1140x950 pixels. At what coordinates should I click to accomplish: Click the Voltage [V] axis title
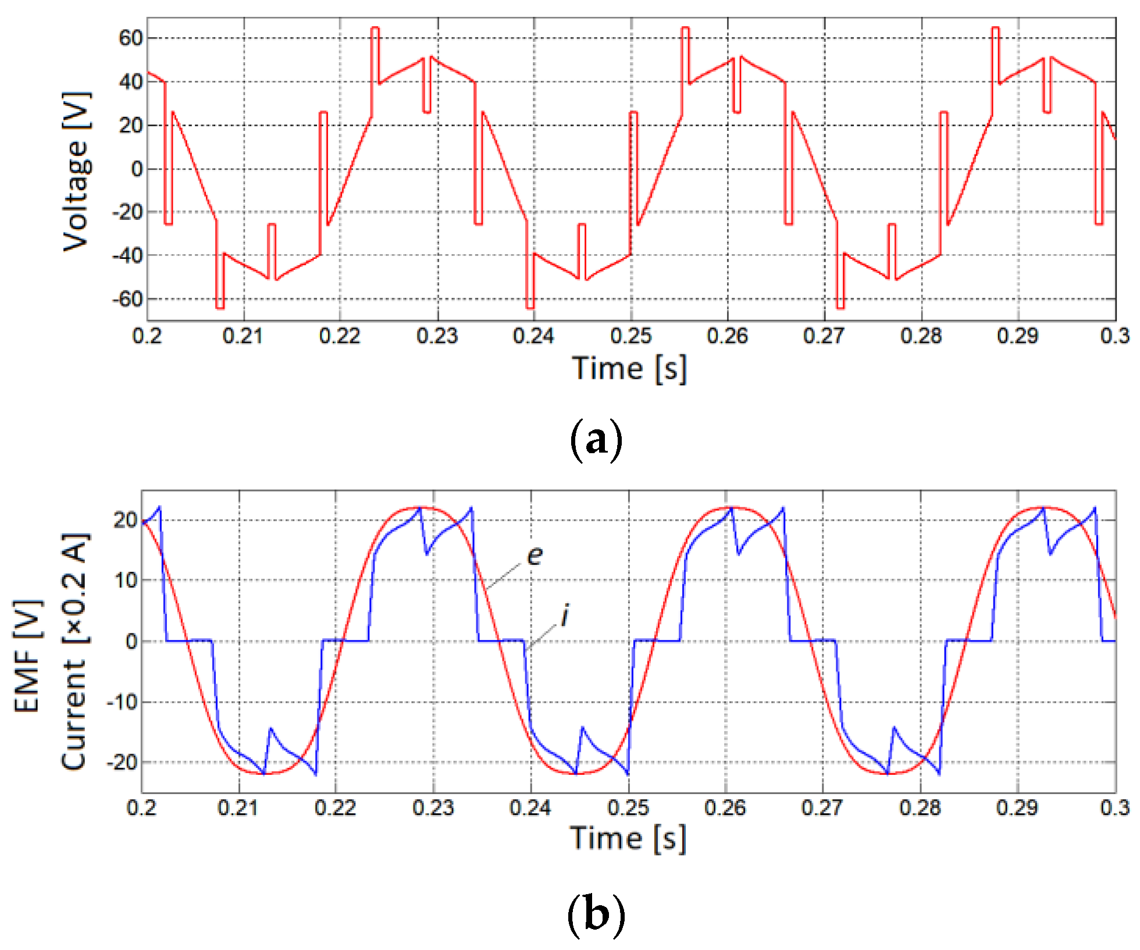tap(77, 171)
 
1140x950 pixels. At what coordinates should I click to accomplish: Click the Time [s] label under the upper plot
tap(629, 369)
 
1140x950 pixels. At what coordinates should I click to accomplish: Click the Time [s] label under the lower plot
tap(628, 838)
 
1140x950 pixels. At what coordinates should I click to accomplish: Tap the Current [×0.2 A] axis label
tap(74, 652)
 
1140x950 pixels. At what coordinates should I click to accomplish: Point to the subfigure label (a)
tap(596, 440)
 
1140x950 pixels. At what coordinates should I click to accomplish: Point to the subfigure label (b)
tap(596, 913)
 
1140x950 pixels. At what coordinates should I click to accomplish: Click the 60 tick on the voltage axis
tap(130, 38)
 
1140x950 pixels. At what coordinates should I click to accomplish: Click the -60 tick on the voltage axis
tap(127, 300)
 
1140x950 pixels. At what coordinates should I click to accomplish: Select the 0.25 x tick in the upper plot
tap(631, 336)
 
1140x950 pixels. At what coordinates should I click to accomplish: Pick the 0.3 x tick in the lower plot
tap(1114, 807)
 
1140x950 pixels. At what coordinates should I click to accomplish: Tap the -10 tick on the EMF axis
tap(123, 702)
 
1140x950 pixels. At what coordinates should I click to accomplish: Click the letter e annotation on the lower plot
tap(535, 556)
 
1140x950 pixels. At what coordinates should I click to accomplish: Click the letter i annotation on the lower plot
tap(564, 615)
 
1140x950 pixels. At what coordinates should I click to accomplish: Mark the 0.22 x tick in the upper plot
tap(340, 336)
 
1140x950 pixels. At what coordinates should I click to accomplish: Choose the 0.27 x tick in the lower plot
tap(822, 807)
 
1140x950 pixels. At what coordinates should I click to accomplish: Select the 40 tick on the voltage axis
tap(130, 82)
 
